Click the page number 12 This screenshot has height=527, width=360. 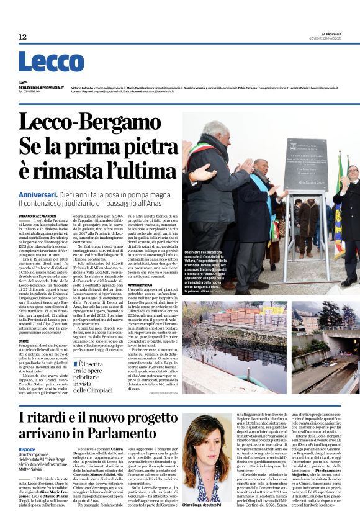click(22, 37)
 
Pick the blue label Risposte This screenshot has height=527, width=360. click(27, 449)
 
